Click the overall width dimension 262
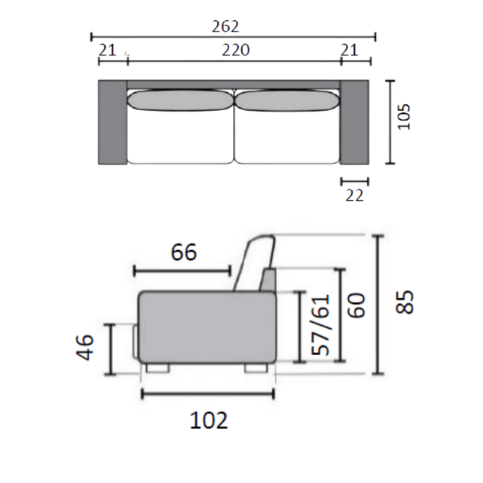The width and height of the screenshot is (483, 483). pyautogui.click(x=225, y=27)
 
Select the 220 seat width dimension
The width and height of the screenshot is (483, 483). pyautogui.click(x=234, y=50)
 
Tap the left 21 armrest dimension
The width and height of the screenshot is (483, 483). pyautogui.click(x=108, y=50)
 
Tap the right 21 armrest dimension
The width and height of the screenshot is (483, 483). pyautogui.click(x=350, y=50)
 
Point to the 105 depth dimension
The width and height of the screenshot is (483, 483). pyautogui.click(x=404, y=118)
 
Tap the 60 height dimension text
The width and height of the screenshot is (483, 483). pyautogui.click(x=357, y=305)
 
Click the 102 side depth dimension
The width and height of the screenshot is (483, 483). pyautogui.click(x=208, y=420)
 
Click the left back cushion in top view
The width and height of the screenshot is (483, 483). pyautogui.click(x=180, y=101)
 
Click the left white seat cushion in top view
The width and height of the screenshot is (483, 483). pyautogui.click(x=180, y=139)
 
